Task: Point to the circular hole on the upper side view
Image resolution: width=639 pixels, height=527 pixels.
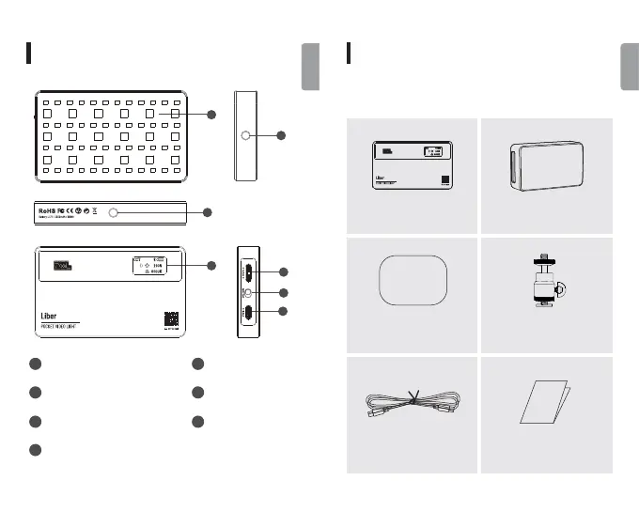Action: pos(245,136)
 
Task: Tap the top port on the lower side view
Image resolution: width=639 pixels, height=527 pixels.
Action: pos(246,273)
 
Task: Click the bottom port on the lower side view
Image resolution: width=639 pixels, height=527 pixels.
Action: pos(246,314)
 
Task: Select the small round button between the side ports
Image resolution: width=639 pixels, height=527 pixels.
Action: pos(246,293)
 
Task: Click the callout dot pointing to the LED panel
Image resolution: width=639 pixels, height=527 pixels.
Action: pos(210,115)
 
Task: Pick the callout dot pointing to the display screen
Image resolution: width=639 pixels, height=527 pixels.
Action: pos(210,266)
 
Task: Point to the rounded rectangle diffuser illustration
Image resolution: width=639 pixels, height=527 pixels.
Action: pos(413,279)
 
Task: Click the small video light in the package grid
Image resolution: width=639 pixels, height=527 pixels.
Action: pos(413,165)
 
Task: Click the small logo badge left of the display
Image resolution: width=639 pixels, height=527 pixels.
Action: pos(61,265)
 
